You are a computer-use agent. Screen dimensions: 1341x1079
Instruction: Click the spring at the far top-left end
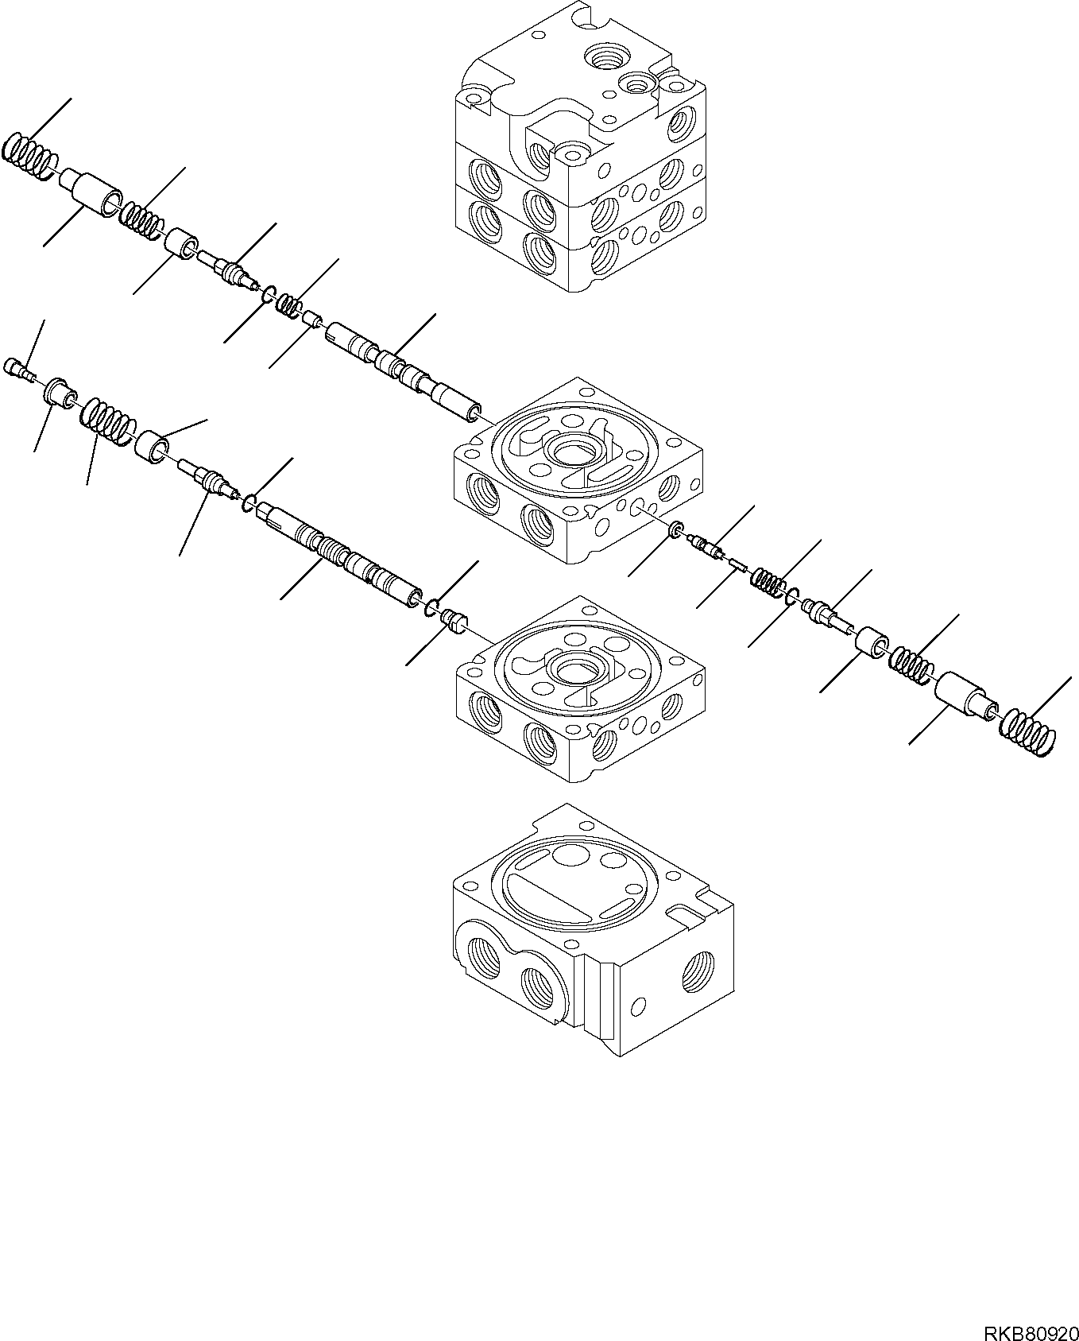(29, 155)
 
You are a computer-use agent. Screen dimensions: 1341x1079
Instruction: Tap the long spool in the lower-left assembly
(342, 556)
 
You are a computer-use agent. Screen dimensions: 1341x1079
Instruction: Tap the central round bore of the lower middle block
(578, 669)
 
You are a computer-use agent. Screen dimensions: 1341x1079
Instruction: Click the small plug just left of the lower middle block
(454, 619)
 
